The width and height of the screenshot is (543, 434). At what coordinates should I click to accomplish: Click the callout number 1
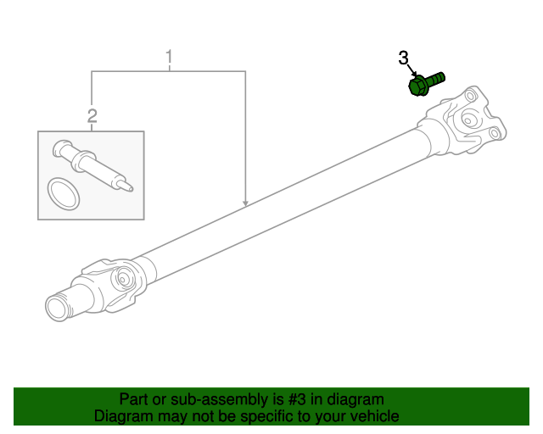point(169,57)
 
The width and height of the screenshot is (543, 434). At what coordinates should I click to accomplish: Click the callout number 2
point(92,116)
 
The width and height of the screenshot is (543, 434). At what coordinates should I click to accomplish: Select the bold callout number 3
point(404,58)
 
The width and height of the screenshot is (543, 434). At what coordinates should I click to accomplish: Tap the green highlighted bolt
point(426,83)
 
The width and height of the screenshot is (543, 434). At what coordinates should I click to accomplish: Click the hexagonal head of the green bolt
point(417,86)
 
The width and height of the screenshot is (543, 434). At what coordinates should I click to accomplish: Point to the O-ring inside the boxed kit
point(64,194)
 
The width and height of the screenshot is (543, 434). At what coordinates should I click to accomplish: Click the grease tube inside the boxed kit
point(92,164)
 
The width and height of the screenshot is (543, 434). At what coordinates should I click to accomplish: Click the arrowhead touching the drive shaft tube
point(245,203)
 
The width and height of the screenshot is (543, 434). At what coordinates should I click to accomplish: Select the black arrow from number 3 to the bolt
point(412,70)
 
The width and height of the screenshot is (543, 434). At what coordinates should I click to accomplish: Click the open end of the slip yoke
point(57,308)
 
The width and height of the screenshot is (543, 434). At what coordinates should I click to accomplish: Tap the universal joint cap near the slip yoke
point(123,277)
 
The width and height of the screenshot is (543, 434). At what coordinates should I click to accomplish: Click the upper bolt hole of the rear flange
point(469,95)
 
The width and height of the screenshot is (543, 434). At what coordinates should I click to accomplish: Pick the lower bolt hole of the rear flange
point(495,133)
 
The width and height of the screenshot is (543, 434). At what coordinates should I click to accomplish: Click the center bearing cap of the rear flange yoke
point(468,120)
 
